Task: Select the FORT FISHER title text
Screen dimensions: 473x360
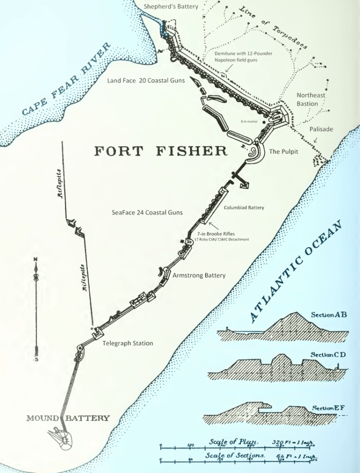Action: pyautogui.click(x=161, y=151)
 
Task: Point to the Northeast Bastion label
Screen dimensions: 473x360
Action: pyautogui.click(x=311, y=100)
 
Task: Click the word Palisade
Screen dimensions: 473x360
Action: pyautogui.click(x=321, y=129)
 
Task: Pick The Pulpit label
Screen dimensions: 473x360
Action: pyautogui.click(x=284, y=152)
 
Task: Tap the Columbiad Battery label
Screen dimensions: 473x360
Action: pyautogui.click(x=244, y=207)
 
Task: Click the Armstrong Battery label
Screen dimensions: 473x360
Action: pyautogui.click(x=199, y=275)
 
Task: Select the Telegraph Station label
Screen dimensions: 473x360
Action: pyautogui.click(x=128, y=343)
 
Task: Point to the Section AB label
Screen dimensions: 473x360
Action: pyautogui.click(x=328, y=314)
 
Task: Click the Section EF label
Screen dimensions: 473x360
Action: pyautogui.click(x=328, y=408)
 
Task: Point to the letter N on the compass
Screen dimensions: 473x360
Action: pyautogui.click(x=36, y=259)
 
